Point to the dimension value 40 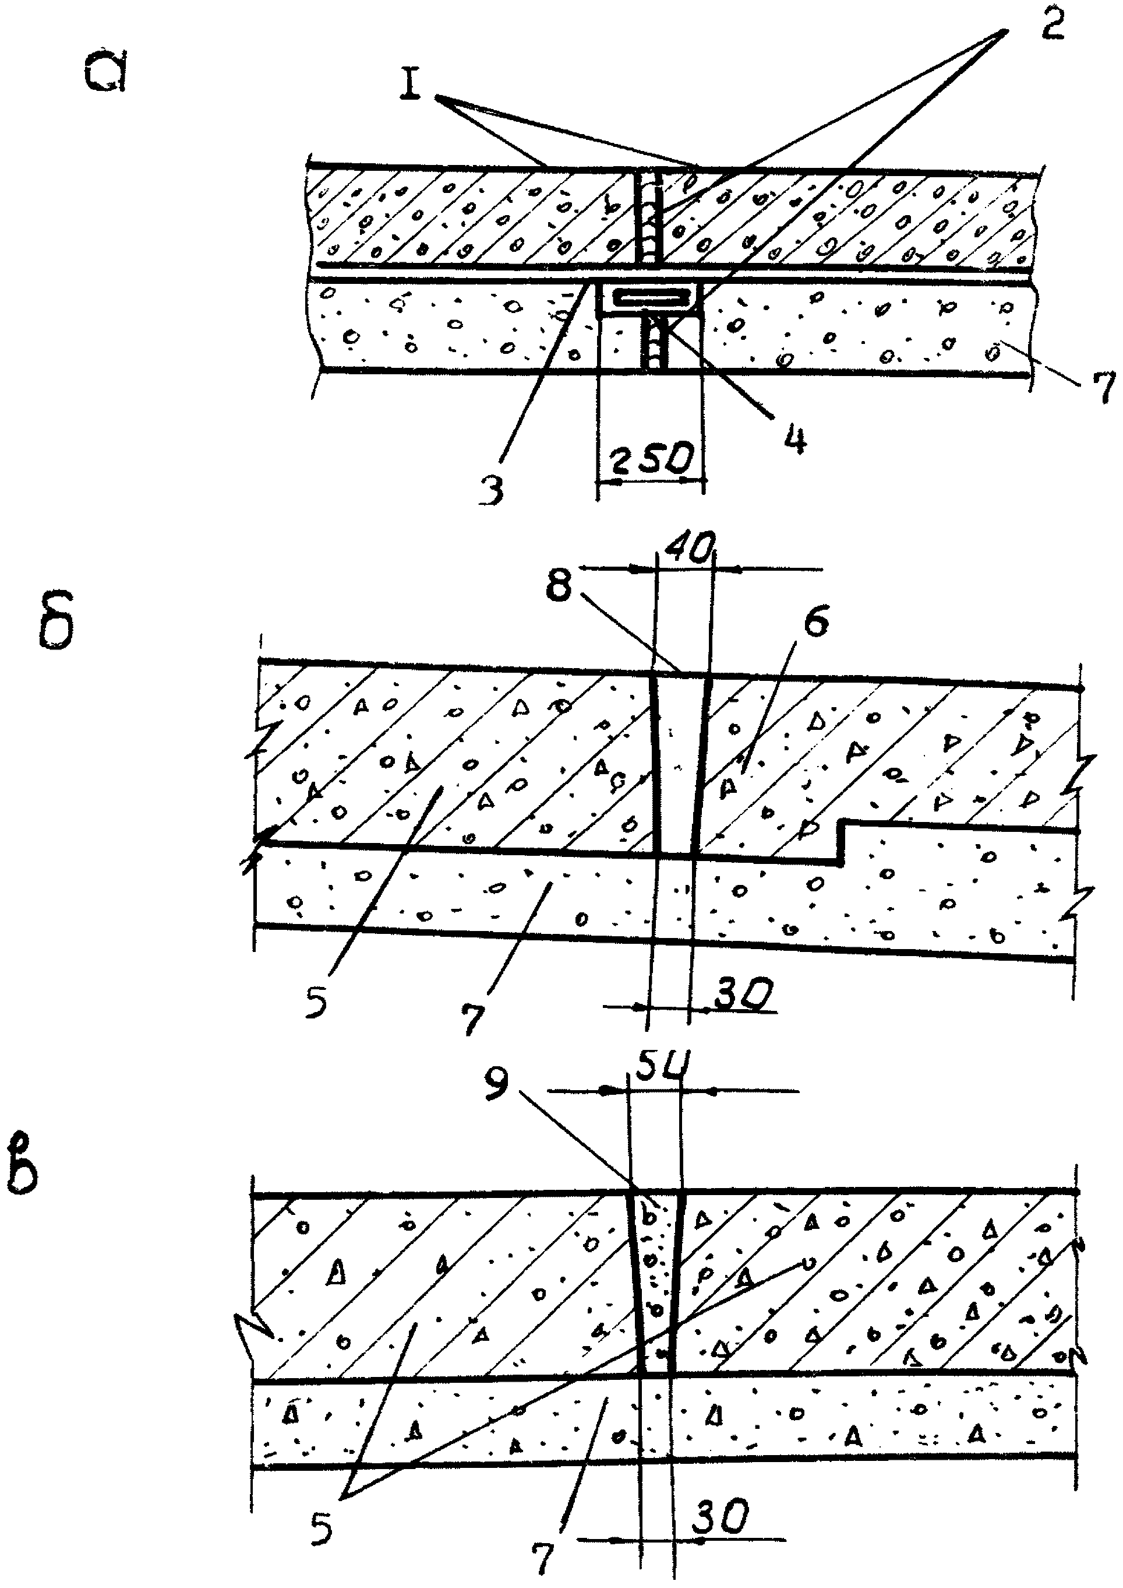pos(687,551)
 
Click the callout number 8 pos(558,586)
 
